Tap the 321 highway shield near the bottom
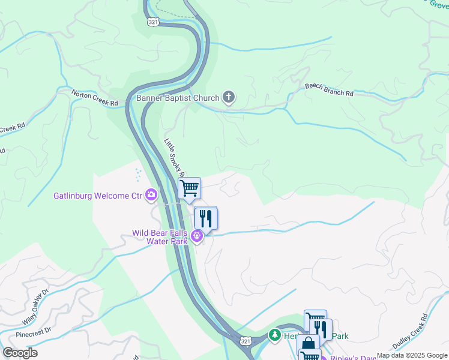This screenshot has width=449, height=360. pyautogui.click(x=245, y=340)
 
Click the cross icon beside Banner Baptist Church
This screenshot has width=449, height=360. pyautogui.click(x=228, y=97)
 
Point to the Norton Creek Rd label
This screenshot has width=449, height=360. pyautogui.click(x=95, y=98)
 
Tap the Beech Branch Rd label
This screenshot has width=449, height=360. pyautogui.click(x=329, y=90)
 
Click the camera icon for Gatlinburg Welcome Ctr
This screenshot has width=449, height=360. pyautogui.click(x=151, y=194)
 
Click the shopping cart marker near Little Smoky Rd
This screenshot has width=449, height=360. pyautogui.click(x=189, y=189)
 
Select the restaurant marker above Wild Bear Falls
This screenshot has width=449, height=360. pyautogui.click(x=206, y=218)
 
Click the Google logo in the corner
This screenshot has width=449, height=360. pyautogui.click(x=20, y=353)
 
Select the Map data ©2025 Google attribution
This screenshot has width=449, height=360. pyautogui.click(x=412, y=355)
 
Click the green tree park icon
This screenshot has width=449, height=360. pyautogui.click(x=275, y=334)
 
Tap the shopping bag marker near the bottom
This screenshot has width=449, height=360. pyautogui.click(x=308, y=344)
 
